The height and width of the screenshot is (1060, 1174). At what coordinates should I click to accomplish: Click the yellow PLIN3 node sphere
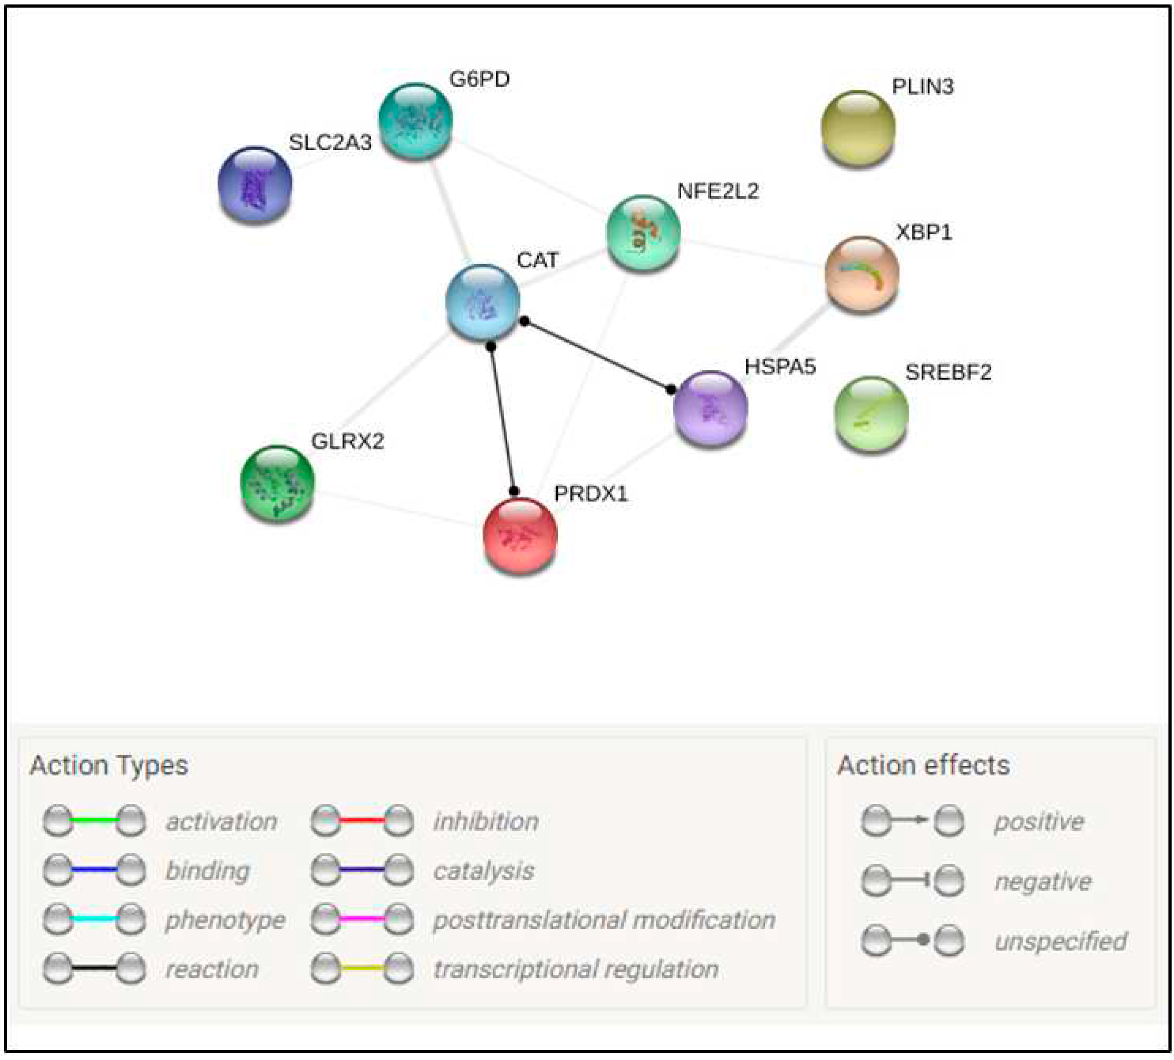pos(858,127)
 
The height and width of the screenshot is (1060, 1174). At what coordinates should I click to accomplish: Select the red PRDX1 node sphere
pos(520,535)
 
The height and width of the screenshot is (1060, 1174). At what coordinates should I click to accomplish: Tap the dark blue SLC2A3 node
pos(255,184)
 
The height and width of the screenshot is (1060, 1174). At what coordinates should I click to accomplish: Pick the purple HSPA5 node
pos(710,407)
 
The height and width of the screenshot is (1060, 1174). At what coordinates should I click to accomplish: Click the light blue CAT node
pos(482,302)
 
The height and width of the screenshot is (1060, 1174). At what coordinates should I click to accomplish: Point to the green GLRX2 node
pos(278,482)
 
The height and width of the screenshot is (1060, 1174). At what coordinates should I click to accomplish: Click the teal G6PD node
pos(416,120)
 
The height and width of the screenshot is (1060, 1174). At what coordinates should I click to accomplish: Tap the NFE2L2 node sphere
pos(642,232)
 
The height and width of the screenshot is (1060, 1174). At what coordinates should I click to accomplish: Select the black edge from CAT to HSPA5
pos(597,355)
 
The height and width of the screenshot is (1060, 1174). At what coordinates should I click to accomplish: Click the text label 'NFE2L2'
pos(718,191)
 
